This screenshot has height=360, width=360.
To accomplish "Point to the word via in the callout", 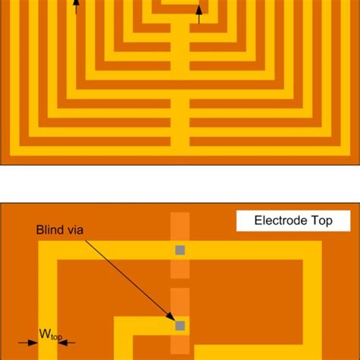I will [x=79, y=229].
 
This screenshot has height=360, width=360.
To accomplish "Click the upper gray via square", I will [x=180, y=250].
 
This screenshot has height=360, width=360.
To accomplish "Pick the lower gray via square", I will [x=180, y=325].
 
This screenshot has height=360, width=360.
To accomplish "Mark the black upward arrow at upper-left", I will [x=75, y=7].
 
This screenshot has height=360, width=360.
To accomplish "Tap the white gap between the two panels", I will [x=180, y=182].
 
